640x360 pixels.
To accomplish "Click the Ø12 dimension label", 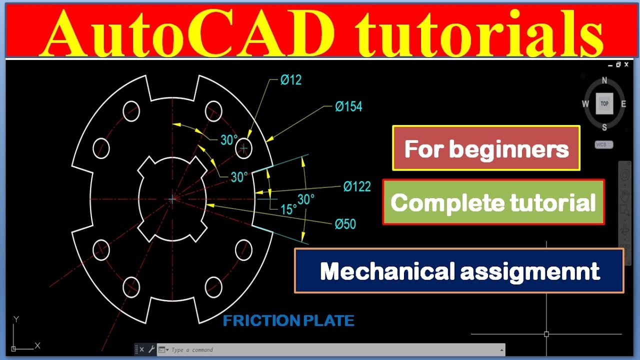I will coord(290,80).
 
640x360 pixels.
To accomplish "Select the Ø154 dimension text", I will coord(348,106).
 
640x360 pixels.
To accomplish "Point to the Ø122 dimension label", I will coord(357,187).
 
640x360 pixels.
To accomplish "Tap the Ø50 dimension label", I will coord(345,224).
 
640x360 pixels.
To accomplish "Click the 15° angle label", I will coord(288,209).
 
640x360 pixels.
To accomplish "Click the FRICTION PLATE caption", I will coord(288,321).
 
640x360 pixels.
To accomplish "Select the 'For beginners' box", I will coord(486,148).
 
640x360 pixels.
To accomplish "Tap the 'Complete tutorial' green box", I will coord(493,202).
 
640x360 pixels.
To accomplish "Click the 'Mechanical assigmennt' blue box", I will coord(459,271).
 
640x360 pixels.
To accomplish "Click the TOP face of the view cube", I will coord(604,103).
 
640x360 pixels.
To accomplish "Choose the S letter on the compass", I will coord(604,127).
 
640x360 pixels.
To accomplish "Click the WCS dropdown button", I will coord(604,145).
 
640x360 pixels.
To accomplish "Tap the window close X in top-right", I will coord(626,64).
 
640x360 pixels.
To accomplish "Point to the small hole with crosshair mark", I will coord(243,148).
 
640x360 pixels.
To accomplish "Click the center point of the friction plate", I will coord(172,199).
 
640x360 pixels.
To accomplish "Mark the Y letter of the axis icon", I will coord(16,319).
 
